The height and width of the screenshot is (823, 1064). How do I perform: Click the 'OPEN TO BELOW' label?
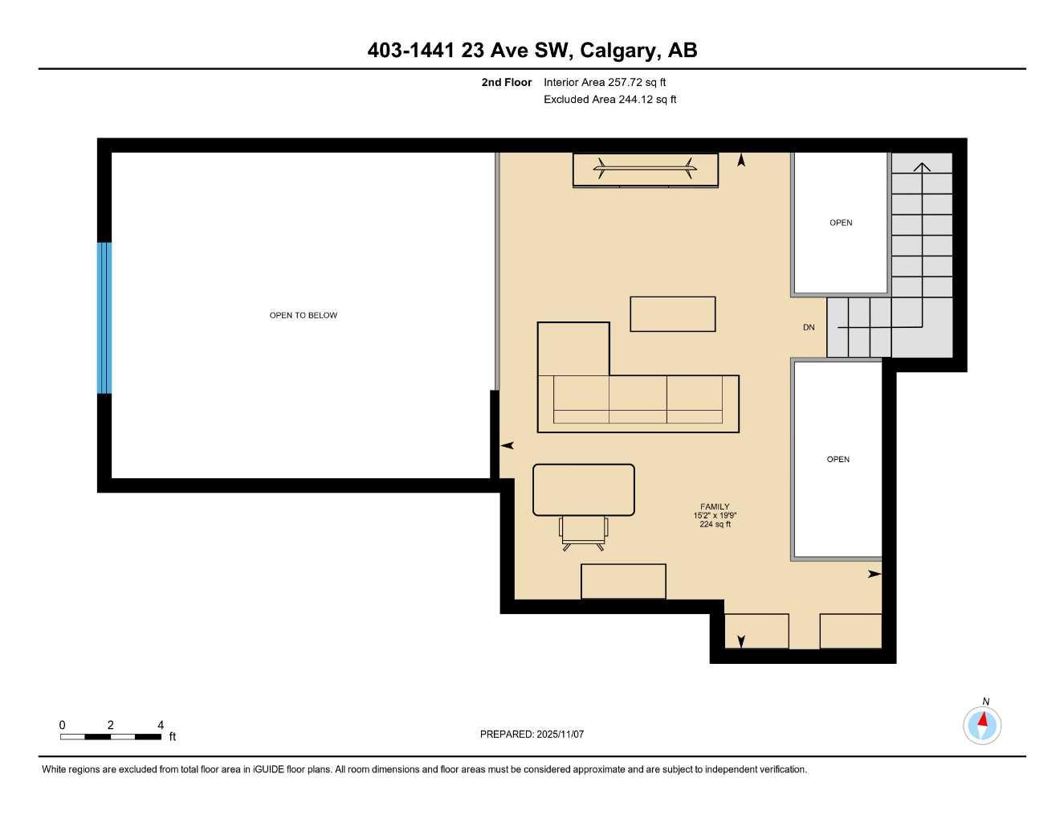coord(303,315)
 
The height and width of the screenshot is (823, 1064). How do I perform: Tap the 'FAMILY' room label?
coord(715,506)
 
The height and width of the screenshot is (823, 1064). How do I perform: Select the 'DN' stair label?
coord(809,327)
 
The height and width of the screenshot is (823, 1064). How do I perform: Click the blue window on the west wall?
coord(104,318)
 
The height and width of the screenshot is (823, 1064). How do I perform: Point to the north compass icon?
coord(982,725)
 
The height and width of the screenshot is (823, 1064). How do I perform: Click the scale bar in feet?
coord(111,736)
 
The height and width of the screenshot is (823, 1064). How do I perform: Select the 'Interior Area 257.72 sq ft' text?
coord(605,82)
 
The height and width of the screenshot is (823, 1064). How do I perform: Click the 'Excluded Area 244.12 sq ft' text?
coord(609,100)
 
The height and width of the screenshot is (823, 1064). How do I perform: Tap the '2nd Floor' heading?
coord(506,82)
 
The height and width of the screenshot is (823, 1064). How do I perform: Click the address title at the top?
coord(532,51)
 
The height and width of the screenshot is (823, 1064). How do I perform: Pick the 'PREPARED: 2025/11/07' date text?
coord(532,734)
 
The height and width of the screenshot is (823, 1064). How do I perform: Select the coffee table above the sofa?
coord(672,314)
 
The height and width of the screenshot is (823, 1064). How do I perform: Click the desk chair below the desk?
coord(584,532)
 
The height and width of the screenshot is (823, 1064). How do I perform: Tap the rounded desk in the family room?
coord(584,489)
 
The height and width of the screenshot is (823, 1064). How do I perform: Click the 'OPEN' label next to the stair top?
coord(841,223)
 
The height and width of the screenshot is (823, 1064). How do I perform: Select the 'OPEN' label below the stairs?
coord(838,459)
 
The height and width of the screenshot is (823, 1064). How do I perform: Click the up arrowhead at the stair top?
coord(922,166)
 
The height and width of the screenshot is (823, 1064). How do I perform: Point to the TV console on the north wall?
coord(645,170)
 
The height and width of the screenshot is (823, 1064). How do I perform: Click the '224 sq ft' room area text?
coord(715,524)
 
